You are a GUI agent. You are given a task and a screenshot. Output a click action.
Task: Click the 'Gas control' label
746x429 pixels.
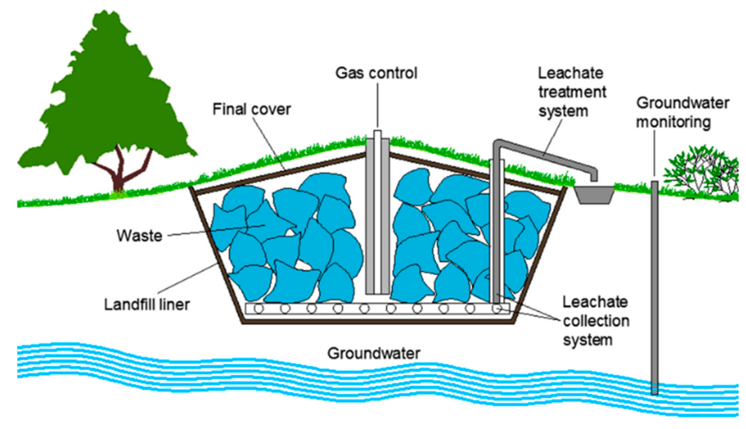[376, 73]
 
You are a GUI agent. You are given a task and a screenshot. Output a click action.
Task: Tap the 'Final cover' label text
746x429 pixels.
[252, 109]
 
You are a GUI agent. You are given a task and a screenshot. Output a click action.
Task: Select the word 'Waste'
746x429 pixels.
[139, 236]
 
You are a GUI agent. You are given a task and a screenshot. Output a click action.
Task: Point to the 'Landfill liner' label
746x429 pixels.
[147, 304]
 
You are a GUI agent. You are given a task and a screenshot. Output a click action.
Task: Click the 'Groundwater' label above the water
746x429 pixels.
[374, 353]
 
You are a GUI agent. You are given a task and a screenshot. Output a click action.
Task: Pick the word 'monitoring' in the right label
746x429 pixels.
[673, 122]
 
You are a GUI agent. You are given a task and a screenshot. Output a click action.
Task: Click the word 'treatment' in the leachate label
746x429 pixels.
[572, 92]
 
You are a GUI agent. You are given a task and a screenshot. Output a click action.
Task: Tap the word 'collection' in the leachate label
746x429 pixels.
[596, 321]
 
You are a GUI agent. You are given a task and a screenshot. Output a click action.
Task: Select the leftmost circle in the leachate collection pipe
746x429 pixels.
[259, 309]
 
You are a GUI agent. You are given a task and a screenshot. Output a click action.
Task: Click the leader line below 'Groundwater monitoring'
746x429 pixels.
[654, 155]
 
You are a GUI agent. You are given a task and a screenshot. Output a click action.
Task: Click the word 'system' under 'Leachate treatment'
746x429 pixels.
[563, 111]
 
